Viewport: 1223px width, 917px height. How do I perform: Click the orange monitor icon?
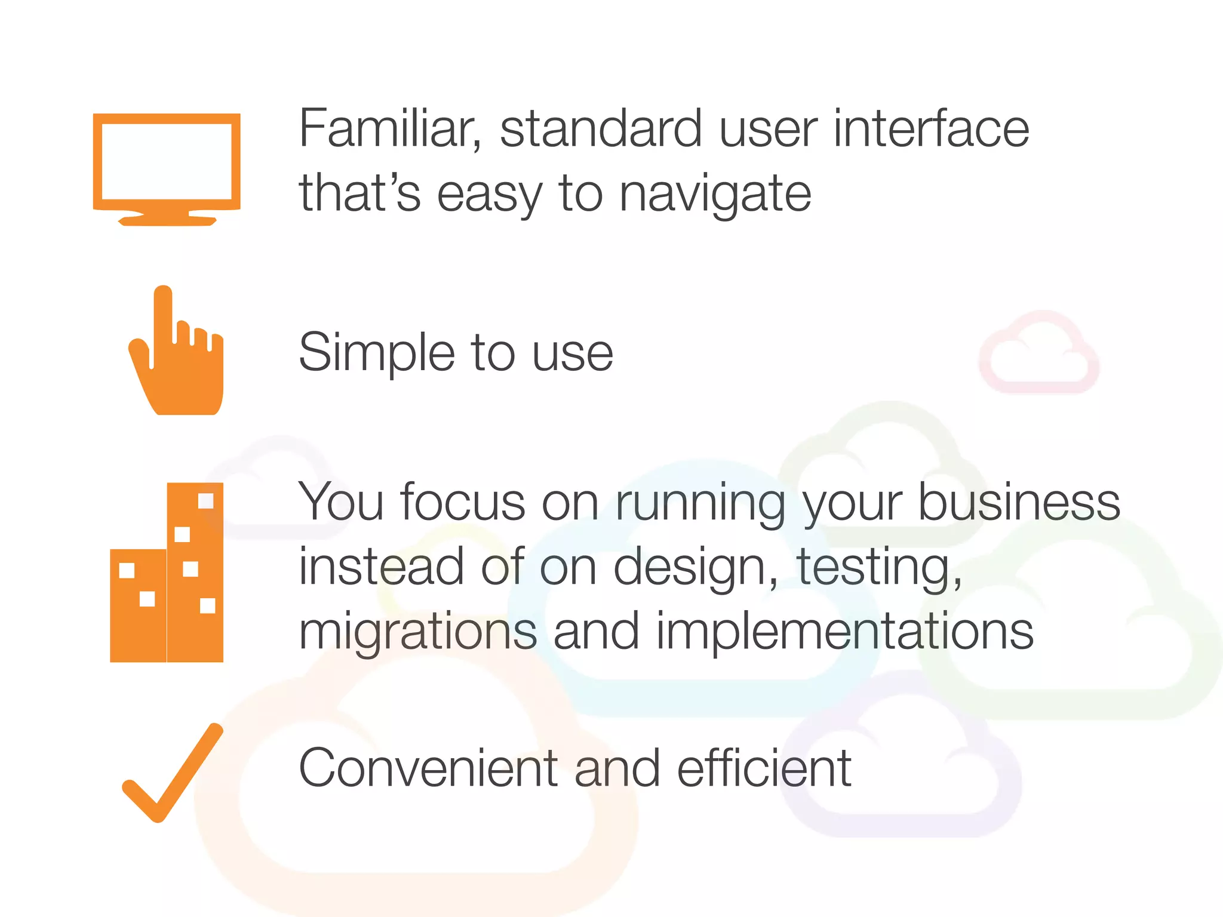click(167, 167)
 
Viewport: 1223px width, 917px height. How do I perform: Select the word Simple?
click(376, 353)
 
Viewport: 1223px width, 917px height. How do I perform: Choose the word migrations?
click(418, 632)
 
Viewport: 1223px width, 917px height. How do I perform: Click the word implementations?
click(844, 632)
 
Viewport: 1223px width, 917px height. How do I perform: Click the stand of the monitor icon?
click(167, 219)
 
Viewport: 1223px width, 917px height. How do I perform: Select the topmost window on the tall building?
click(205, 500)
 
